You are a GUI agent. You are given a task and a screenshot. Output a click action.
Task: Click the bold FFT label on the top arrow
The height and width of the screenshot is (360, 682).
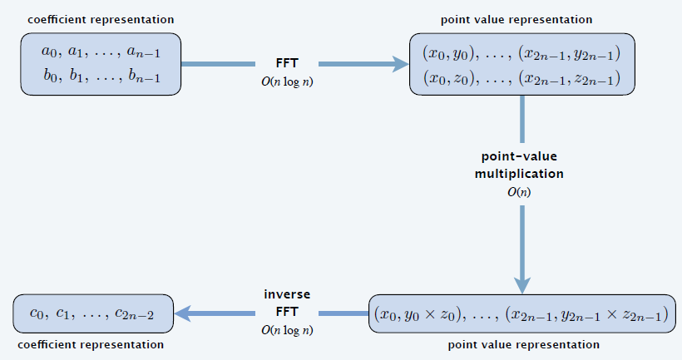coord(287,63)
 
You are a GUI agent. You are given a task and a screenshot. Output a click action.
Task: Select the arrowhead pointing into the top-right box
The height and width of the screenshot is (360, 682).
coord(401,64)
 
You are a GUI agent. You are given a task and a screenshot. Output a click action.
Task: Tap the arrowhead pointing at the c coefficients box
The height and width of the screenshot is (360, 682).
coord(182,313)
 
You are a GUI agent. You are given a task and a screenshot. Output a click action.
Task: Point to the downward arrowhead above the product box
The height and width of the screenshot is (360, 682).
coord(522,286)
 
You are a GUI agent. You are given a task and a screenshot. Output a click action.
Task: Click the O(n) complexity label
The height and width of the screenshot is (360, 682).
coord(519,192)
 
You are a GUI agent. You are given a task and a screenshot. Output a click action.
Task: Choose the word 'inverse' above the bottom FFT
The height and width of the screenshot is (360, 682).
coord(287,294)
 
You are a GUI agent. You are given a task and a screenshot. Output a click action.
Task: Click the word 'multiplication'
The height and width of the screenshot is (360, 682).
coord(519,174)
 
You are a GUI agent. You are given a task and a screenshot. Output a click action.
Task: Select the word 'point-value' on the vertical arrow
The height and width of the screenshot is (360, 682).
coord(519,156)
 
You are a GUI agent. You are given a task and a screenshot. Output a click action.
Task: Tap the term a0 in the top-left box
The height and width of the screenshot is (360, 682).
coord(49,52)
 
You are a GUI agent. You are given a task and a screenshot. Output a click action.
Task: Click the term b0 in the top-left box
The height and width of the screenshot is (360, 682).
coord(51,76)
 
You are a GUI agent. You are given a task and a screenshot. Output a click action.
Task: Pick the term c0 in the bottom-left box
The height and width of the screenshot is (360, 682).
coord(37,313)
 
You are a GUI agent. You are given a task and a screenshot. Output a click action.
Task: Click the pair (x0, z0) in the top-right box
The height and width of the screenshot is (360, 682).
coord(448,78)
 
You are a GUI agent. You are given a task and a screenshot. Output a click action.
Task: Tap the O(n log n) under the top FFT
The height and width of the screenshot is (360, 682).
coord(287,81)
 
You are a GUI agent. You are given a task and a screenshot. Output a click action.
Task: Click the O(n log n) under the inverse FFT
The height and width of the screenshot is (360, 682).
coord(287,330)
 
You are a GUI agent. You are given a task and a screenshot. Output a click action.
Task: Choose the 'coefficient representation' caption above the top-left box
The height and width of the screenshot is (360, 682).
coord(101,20)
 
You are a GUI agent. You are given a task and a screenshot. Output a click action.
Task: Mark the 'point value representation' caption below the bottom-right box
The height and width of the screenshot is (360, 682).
coord(524,345)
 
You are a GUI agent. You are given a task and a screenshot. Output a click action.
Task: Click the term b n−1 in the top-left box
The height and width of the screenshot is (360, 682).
coord(145,76)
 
